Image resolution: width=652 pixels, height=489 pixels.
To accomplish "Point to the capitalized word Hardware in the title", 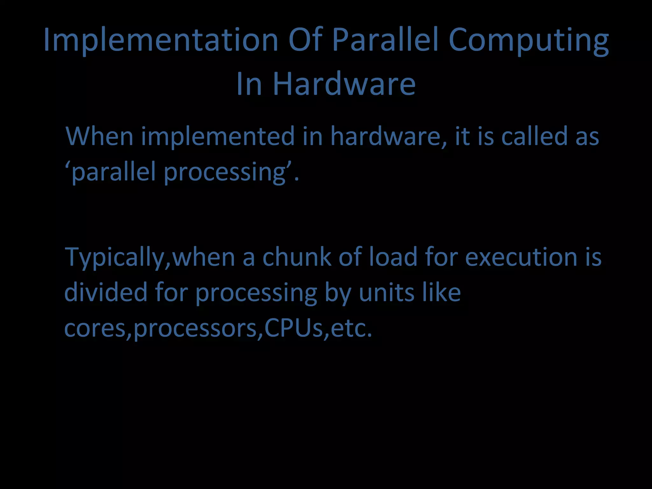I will [344, 84].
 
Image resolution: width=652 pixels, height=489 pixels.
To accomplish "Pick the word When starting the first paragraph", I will [99, 136].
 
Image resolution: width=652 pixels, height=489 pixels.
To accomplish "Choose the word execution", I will [521, 257].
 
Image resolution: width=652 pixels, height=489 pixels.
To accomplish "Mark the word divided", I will [106, 292].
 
